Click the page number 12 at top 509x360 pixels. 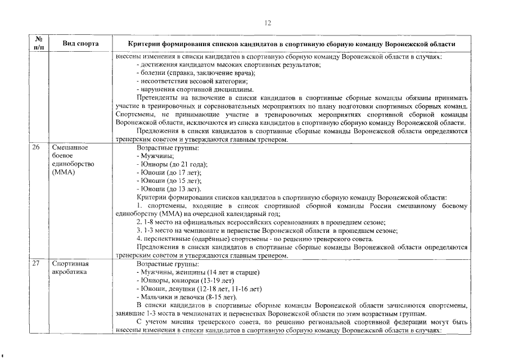pos(268,23)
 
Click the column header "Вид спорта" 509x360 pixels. pos(80,43)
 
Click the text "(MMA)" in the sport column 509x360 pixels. pos(64,172)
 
